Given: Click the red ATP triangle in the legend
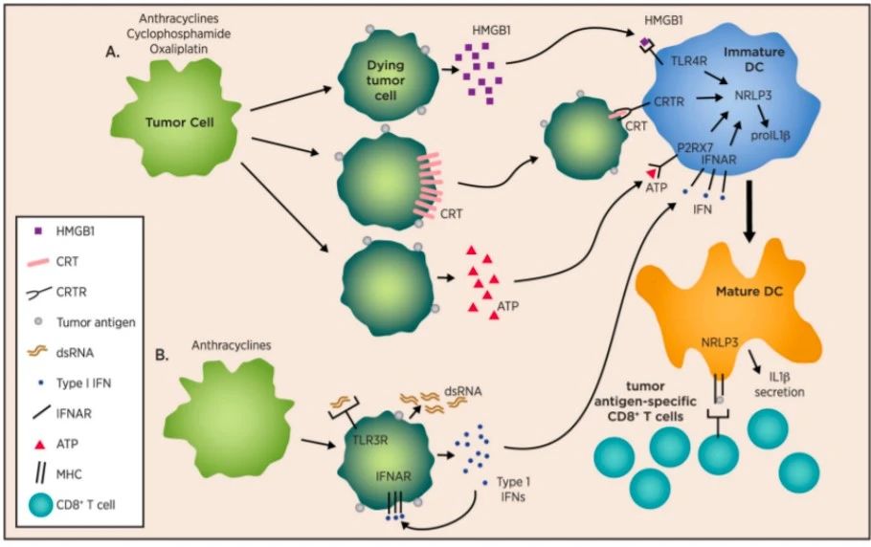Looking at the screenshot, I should pyautogui.click(x=37, y=444).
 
